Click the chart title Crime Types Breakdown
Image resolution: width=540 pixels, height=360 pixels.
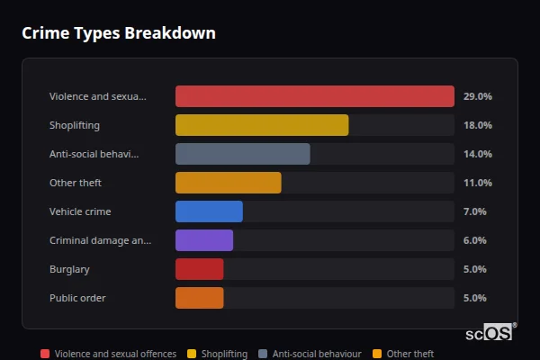coord(118,34)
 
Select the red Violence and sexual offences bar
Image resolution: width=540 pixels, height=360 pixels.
coord(314,96)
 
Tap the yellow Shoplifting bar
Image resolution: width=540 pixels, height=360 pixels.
coord(262,125)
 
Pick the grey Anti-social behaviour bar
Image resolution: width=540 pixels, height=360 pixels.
coord(242,154)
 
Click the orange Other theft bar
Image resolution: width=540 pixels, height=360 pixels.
coord(228,183)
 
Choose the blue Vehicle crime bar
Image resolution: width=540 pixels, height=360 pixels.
coord(209,211)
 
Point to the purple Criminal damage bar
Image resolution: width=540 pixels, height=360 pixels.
coord(204,240)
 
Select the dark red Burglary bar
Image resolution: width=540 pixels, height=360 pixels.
coord(199,269)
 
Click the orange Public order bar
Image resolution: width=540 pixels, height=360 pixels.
coord(199,298)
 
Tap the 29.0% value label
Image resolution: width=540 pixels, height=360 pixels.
coord(477,96)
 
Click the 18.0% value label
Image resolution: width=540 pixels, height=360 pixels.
coord(477,125)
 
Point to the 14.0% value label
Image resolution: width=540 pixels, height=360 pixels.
coord(477,154)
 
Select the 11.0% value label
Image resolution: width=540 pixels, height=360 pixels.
coord(477,183)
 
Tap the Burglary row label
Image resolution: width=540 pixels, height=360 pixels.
coord(69,269)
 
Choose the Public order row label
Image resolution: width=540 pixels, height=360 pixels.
coord(77,298)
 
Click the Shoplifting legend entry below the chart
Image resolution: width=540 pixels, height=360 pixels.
coord(218,354)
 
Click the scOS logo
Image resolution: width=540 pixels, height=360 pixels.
coord(490,333)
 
